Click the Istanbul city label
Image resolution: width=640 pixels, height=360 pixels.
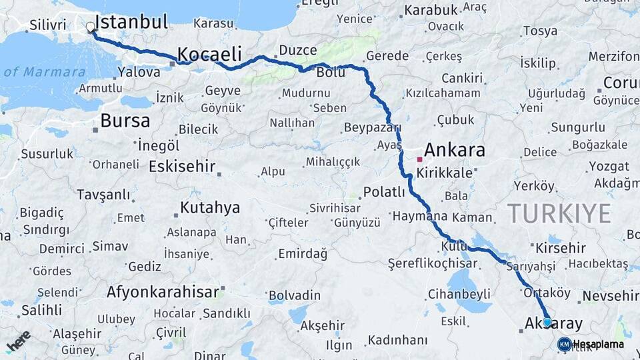[131, 22]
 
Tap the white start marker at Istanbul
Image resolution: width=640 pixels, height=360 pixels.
[91, 27]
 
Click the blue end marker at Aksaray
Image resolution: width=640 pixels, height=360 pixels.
[547, 322]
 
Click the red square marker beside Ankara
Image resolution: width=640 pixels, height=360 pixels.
[419, 159]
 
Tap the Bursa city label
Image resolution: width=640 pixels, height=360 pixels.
[125, 121]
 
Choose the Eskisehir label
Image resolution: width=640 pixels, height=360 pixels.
[182, 166]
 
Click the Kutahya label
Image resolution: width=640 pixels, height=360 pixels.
[210, 207]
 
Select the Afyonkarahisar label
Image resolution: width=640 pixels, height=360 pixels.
[163, 292]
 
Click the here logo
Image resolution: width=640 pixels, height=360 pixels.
[18, 341]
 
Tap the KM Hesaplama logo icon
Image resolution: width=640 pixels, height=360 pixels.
[564, 344]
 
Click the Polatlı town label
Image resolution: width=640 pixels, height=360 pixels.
[384, 193]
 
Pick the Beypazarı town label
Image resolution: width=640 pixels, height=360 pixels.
[372, 127]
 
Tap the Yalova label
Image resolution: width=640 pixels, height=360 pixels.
[139, 71]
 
